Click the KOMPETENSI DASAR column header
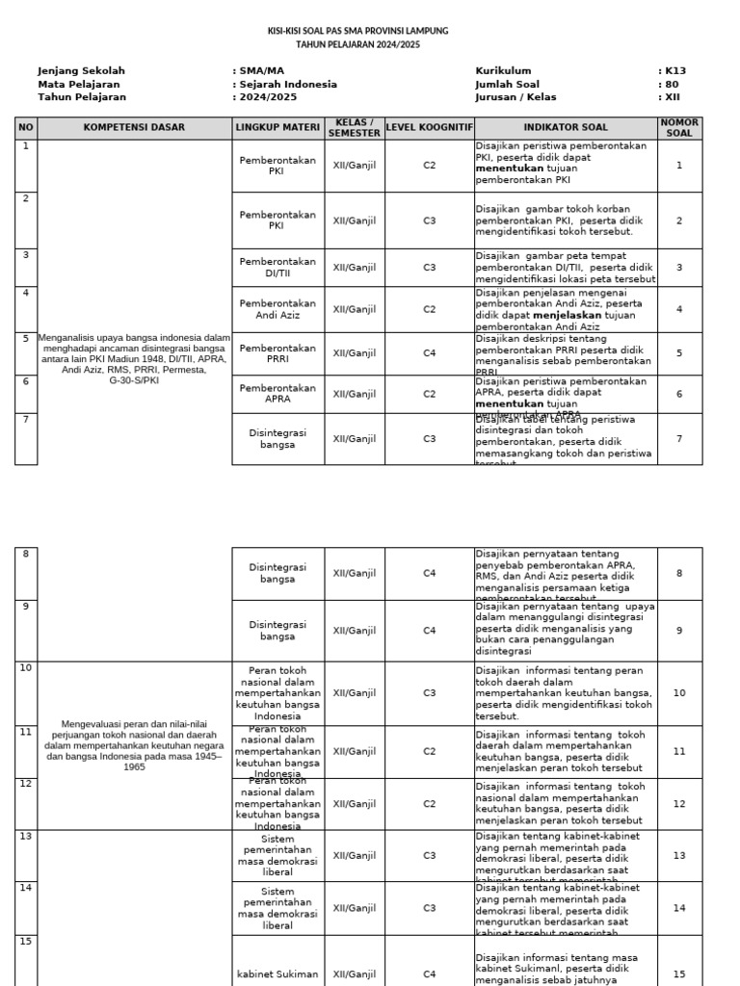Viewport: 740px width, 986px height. coord(134,128)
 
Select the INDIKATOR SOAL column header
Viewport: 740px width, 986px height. coord(566,128)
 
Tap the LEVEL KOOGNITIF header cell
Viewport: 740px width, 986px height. coord(429,128)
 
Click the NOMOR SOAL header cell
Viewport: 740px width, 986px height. coord(679,128)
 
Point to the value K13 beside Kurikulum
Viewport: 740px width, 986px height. coord(674,71)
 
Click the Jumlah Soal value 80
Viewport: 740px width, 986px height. coord(672,85)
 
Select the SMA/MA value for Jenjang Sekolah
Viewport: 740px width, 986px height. coord(261,71)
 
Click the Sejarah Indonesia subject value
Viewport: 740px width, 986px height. coord(287,85)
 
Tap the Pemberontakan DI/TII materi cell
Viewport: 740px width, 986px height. coord(277,268)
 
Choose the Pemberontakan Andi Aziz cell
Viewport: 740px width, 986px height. coord(277,309)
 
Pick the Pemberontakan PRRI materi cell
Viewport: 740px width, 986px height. coord(277,353)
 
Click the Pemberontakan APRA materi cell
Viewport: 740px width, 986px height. coord(277,394)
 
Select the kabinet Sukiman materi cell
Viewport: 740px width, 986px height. coord(277,974)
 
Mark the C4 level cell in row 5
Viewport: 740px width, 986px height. coord(429,353)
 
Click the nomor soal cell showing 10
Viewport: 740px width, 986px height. coord(679,693)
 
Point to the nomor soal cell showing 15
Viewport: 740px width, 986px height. coord(679,974)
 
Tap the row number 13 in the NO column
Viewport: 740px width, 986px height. coord(26,838)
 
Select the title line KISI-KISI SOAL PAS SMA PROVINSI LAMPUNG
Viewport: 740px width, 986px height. coord(357,32)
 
